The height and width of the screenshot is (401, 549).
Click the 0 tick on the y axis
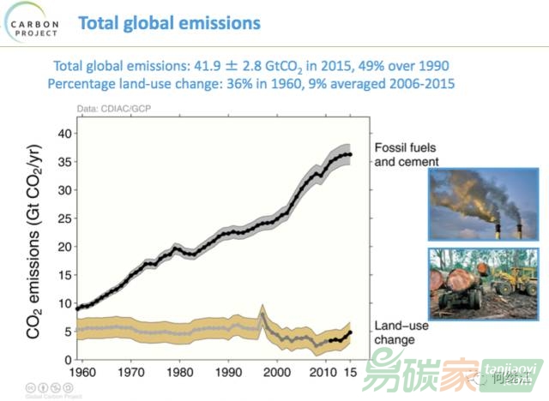65,359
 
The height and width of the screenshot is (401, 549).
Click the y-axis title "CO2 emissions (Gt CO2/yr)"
37,242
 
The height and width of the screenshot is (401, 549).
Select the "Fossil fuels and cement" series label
407,155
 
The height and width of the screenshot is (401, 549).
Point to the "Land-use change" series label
401,332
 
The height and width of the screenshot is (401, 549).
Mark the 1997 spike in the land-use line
262,307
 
